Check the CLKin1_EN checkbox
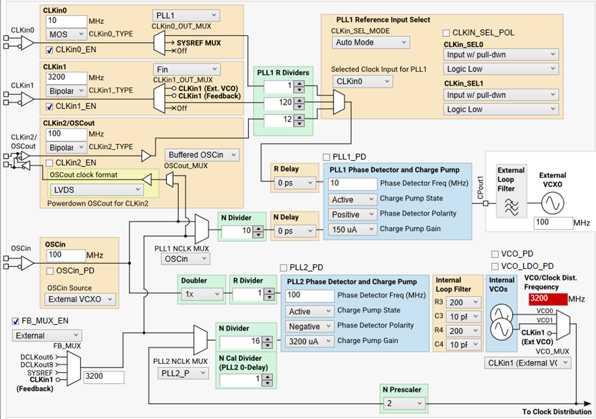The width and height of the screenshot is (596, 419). pyautogui.click(x=50, y=107)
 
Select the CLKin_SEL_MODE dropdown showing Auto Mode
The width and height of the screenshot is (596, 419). pyautogui.click(x=370, y=42)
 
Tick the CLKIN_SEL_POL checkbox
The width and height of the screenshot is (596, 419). pyautogui.click(x=446, y=32)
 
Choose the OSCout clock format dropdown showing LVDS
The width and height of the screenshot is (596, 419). pyautogui.click(x=95, y=190)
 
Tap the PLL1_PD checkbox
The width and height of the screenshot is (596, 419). pyautogui.click(x=327, y=157)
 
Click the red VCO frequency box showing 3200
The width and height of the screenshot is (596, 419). pyautogui.click(x=547, y=299)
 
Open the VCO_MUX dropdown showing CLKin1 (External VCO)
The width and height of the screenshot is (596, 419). pyautogui.click(x=527, y=363)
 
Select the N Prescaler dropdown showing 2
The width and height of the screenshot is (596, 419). pyautogui.click(x=405, y=403)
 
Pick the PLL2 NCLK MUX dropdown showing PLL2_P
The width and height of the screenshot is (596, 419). pyautogui.click(x=184, y=373)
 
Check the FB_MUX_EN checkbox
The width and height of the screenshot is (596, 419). pyautogui.click(x=16, y=321)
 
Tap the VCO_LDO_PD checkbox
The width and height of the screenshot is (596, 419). pyautogui.click(x=495, y=266)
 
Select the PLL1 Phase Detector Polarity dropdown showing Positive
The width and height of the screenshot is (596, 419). pyautogui.click(x=352, y=214)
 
